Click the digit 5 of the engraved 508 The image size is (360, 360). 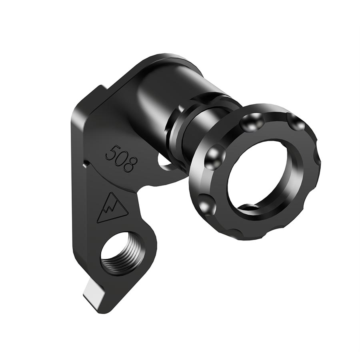pos(110,152)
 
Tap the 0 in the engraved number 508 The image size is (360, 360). pos(119,158)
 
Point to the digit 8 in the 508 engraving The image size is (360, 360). pos(129,164)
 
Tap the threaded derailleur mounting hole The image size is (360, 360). pos(120,254)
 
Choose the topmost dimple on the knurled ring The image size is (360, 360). pos(252,120)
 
